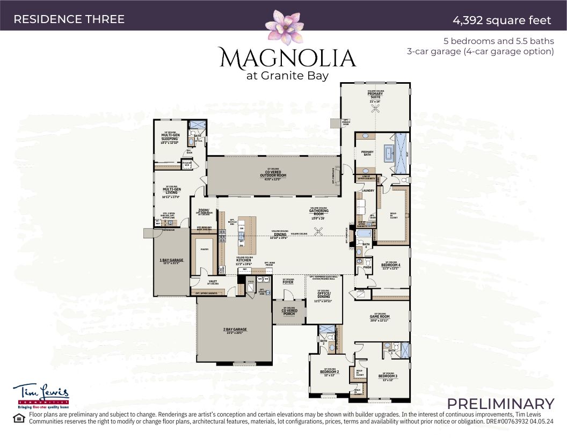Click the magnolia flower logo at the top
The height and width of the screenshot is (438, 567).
pos(286,27)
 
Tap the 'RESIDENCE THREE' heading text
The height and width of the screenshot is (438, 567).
pos(69,19)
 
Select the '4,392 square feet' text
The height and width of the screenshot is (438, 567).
pos(501,20)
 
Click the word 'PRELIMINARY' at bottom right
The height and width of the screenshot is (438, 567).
pos(500,404)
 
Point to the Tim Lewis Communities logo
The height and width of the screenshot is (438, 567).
pos(41,395)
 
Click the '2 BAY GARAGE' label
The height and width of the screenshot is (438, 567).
pos(235,330)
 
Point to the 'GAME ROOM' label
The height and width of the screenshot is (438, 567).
pos(379,316)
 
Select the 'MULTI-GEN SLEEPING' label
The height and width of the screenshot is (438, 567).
pos(170,137)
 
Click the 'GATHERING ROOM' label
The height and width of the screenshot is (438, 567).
pos(318,211)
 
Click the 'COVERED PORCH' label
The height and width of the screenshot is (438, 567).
pos(289,311)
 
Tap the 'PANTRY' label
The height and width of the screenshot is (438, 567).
pos(204,249)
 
